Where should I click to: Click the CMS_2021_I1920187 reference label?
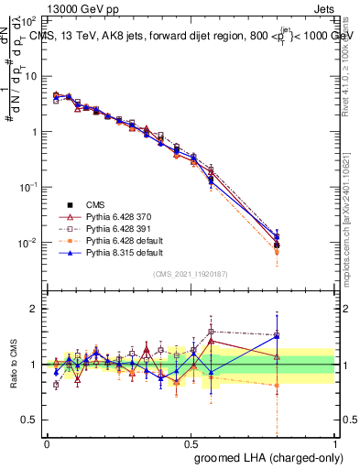(190, 274)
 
